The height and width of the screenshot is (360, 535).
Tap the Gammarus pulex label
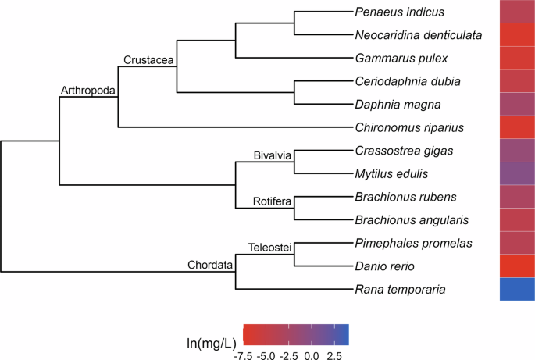point(394,58)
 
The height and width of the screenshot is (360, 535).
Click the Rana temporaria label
point(400,289)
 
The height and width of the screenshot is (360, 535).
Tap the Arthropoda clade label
point(88,91)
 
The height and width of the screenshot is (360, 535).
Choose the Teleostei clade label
point(269,248)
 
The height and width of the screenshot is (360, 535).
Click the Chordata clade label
point(210,266)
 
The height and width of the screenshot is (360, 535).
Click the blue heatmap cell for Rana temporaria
point(517,289)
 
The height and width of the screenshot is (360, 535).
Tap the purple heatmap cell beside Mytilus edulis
point(517,173)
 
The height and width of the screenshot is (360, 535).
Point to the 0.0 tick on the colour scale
point(312,354)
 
